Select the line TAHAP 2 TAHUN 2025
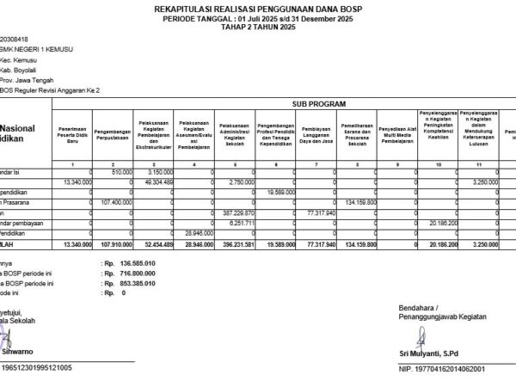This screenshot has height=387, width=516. pyautogui.click(x=257, y=28)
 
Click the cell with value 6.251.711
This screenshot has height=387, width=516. pyautogui.click(x=240, y=222)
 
